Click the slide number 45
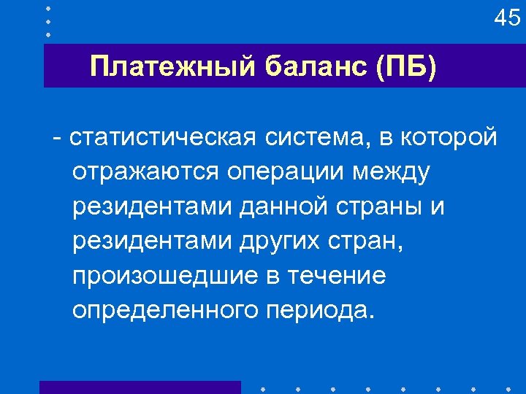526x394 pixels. point(507,18)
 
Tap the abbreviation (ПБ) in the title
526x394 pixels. point(405,66)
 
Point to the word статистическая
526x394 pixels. point(165,136)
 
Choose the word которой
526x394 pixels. point(451,136)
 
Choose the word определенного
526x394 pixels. point(165,312)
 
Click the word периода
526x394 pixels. point(320,312)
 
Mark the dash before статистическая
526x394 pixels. point(57,136)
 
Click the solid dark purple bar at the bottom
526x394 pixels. point(140,387)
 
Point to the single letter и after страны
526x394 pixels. point(437,208)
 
